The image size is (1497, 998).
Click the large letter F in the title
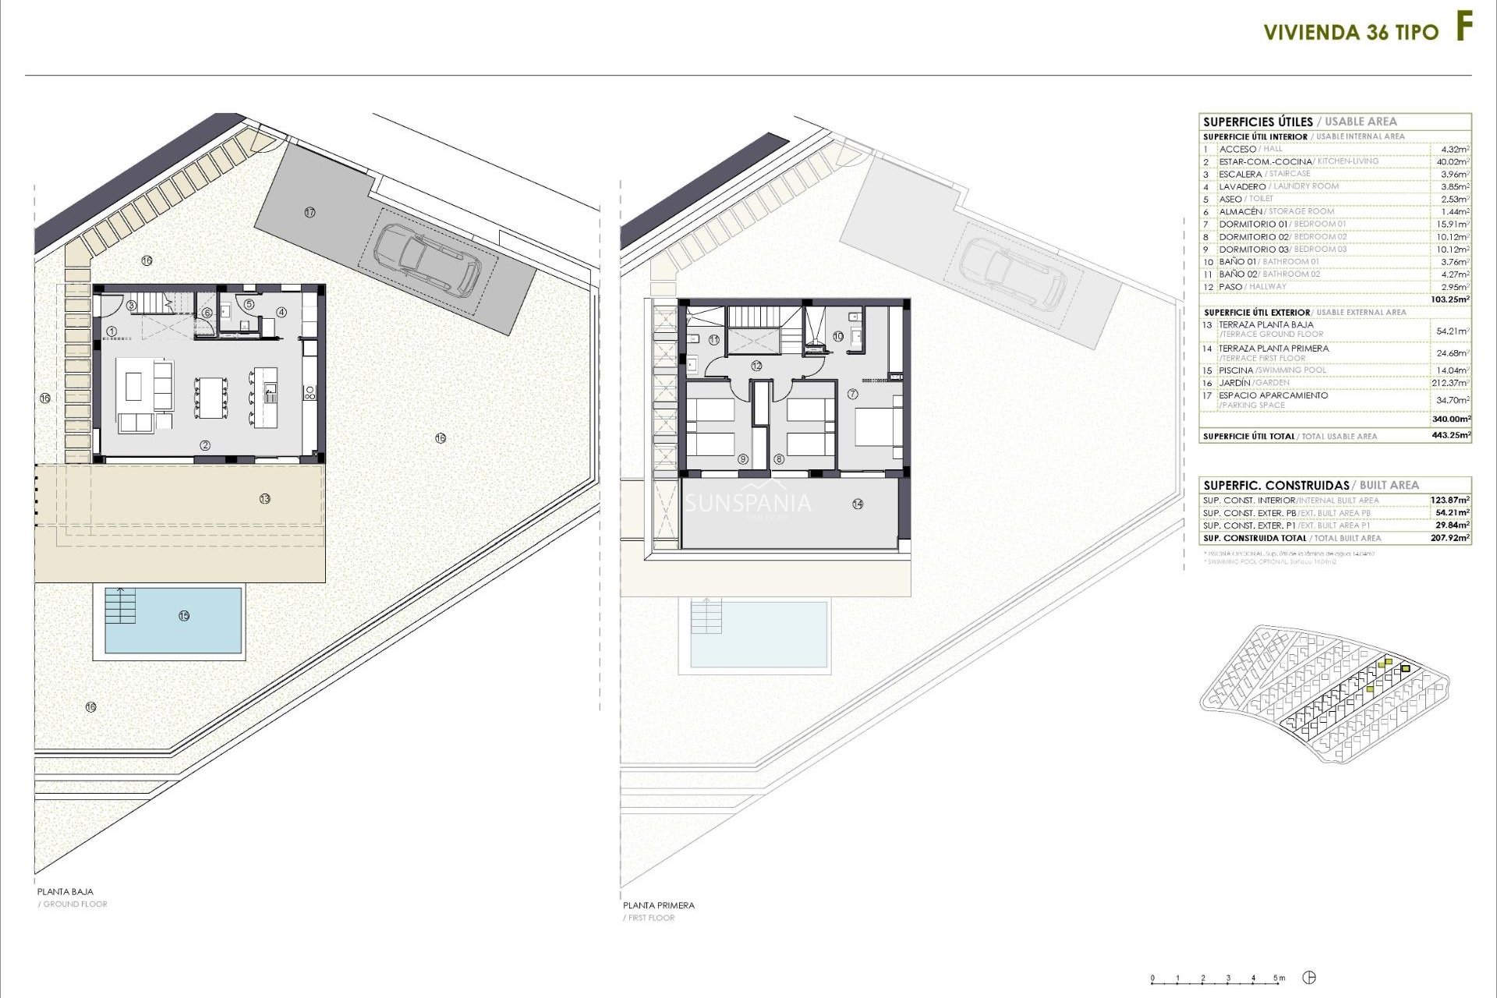pyautogui.click(x=1464, y=28)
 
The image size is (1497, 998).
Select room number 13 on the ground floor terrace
pyautogui.click(x=264, y=498)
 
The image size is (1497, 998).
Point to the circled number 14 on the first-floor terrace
pyautogui.click(x=858, y=504)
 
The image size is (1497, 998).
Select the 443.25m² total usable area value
pyautogui.click(x=1452, y=436)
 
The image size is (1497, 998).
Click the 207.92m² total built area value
pyautogui.click(x=1452, y=538)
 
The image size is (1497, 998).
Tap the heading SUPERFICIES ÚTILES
pyautogui.click(x=1258, y=122)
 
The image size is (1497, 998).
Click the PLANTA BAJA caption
pyautogui.click(x=65, y=891)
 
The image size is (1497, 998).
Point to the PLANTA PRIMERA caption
pyautogui.click(x=658, y=905)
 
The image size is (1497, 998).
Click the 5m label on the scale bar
pyautogui.click(x=1279, y=978)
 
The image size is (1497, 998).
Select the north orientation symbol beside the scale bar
pyautogui.click(x=1311, y=978)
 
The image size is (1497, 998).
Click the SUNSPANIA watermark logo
pyautogui.click(x=747, y=504)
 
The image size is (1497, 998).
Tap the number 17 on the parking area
pyautogui.click(x=310, y=212)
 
